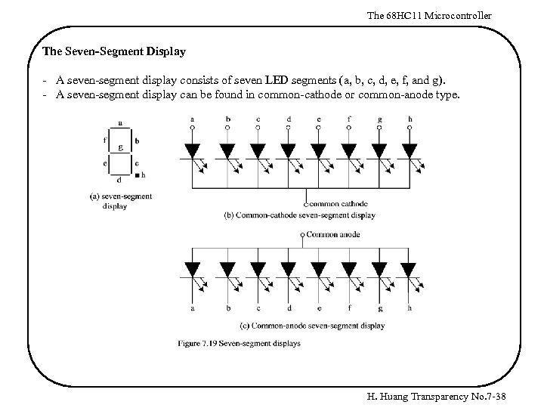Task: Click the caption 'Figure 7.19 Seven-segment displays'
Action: tap(240, 343)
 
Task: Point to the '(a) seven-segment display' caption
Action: tap(122, 201)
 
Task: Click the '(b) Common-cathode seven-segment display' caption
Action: tap(301, 215)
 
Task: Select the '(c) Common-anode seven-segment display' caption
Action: tap(312, 326)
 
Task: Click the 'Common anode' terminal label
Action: tap(333, 235)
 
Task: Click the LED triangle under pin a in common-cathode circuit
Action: tap(192, 150)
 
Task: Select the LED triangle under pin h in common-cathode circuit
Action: tap(409, 150)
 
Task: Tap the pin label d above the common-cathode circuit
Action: tap(289, 118)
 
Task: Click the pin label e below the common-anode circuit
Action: tap(320, 308)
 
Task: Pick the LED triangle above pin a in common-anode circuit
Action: tap(192, 269)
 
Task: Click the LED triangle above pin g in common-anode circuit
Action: tap(379, 269)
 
